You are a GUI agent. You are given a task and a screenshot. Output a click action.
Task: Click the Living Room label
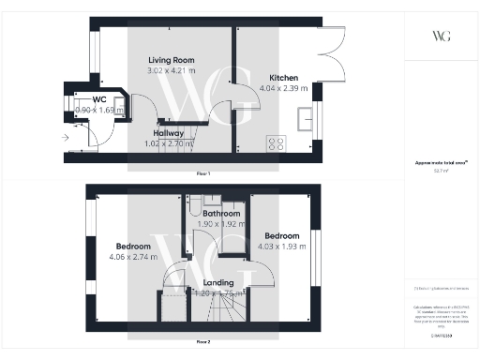click(172, 60)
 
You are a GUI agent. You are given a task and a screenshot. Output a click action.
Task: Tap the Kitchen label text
click(285, 78)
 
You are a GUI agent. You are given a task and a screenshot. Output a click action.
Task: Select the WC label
click(98, 99)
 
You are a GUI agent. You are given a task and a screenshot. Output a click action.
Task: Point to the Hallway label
click(168, 133)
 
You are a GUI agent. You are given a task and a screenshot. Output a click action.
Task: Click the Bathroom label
click(221, 214)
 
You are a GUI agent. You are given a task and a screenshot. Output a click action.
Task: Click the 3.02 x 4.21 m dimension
click(172, 70)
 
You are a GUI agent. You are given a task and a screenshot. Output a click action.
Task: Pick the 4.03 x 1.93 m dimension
click(281, 246)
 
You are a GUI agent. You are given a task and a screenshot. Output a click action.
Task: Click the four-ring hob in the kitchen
click(277, 143)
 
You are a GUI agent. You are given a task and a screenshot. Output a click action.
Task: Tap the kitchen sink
click(306, 118)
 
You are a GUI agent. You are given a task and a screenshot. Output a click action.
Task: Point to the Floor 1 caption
click(203, 174)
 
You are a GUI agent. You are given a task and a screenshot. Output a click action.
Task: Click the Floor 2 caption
click(203, 342)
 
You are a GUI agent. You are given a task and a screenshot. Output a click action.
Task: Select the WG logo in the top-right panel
click(441, 36)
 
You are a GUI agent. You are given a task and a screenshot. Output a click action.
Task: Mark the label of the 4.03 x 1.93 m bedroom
click(281, 235)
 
